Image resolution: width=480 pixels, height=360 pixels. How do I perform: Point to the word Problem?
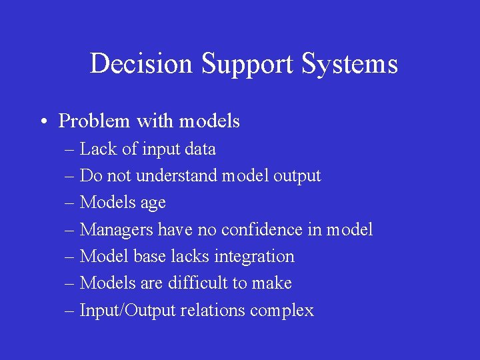click(94, 121)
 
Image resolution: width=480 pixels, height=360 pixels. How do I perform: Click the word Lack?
click(98, 149)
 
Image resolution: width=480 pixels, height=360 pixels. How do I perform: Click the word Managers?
click(116, 230)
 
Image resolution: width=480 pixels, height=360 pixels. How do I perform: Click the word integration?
click(254, 257)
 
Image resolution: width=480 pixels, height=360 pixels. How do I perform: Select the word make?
click(271, 283)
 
